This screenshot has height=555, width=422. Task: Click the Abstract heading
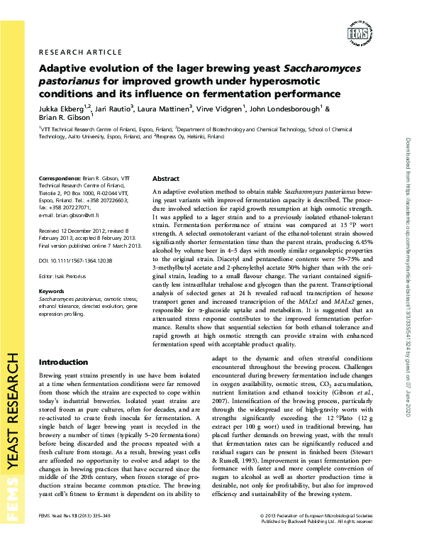coord(166,179)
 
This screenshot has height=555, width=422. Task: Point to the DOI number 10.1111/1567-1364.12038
coord(79,261)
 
